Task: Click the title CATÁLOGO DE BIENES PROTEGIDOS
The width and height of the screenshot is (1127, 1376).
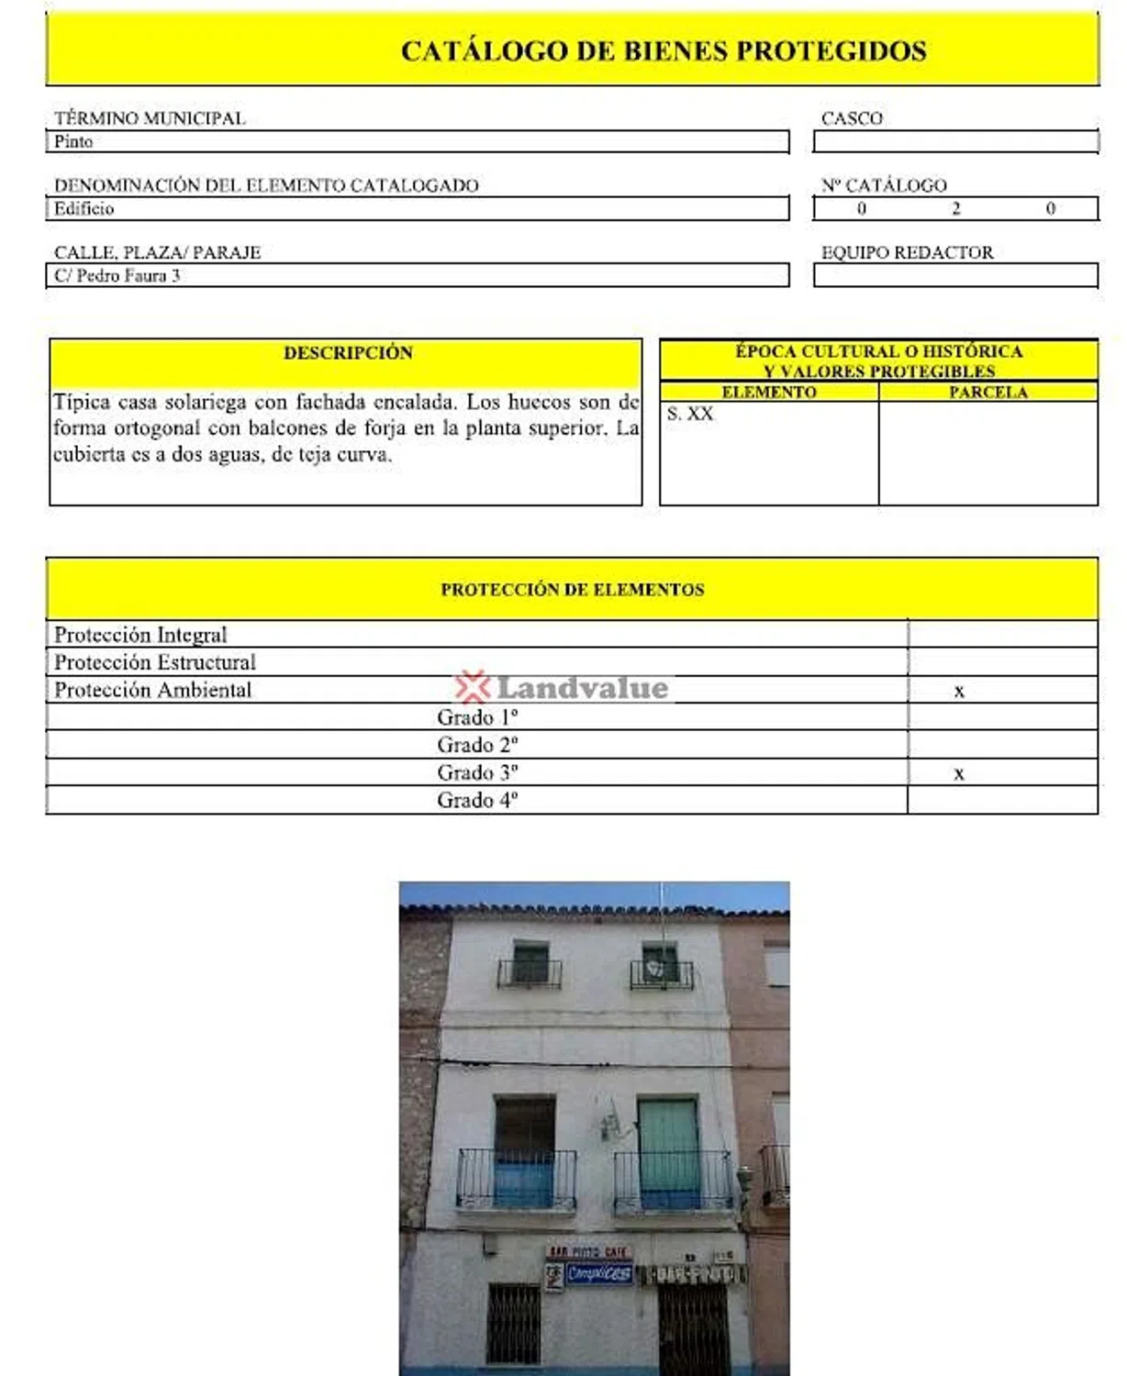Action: click(x=663, y=50)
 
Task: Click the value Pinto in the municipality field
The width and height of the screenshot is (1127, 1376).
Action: click(x=73, y=142)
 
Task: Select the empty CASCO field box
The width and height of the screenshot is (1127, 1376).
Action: click(x=955, y=142)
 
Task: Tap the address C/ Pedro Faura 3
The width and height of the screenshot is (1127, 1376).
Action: click(x=117, y=276)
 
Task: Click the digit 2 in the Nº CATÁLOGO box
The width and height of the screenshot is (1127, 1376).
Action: click(x=955, y=209)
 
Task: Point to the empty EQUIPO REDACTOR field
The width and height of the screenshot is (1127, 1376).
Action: click(x=955, y=276)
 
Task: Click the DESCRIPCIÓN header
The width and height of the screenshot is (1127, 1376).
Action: click(x=348, y=353)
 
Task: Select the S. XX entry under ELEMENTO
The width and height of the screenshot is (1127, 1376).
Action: click(x=690, y=414)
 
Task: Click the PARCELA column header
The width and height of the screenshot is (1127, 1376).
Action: click(x=988, y=393)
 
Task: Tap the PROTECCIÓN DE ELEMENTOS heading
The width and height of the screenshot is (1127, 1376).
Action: click(x=572, y=590)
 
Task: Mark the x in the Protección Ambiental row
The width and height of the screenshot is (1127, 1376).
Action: click(x=959, y=692)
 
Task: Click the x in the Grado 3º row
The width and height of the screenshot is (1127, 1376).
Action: click(x=959, y=774)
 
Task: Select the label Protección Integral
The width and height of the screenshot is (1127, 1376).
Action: click(x=140, y=635)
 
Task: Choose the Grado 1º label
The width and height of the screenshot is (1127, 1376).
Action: click(x=477, y=717)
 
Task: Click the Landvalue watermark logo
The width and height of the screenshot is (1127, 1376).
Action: click(x=562, y=688)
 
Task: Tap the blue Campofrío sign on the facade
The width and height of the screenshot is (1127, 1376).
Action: click(x=598, y=1273)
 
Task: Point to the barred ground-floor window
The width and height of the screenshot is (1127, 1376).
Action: click(x=513, y=1323)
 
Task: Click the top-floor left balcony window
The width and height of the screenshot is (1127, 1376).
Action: click(x=530, y=964)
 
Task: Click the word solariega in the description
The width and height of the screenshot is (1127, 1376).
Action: click(x=217, y=402)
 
